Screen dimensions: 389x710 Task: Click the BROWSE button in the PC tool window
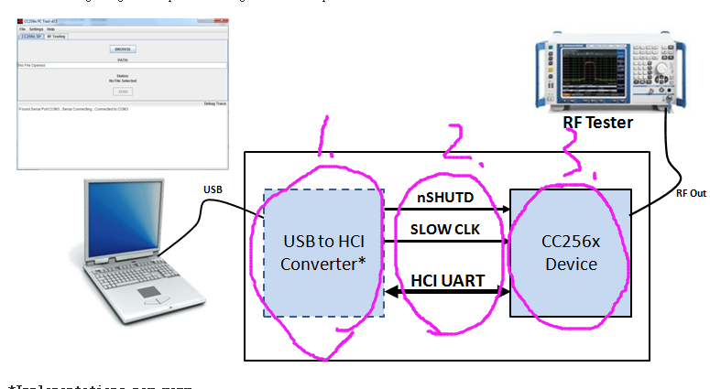[x=122, y=49]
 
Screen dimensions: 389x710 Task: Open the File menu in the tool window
[x=22, y=29]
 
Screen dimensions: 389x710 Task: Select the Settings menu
[x=36, y=29]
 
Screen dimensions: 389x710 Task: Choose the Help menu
[x=51, y=29]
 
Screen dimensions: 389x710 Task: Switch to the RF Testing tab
[x=56, y=37]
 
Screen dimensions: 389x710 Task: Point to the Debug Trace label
[x=214, y=103]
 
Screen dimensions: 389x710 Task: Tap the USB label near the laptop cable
[x=212, y=190]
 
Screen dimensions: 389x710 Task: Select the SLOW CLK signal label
[x=446, y=230]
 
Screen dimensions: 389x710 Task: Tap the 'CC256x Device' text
[x=569, y=254]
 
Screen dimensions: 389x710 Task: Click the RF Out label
[x=690, y=193]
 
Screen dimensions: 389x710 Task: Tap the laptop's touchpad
[x=149, y=294]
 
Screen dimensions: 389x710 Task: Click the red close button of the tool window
[x=22, y=20]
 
